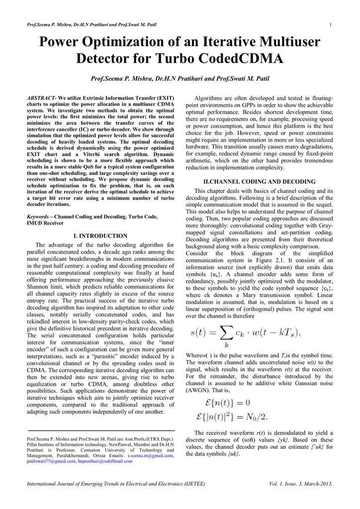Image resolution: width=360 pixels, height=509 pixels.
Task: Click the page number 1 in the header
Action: [x=330, y=25]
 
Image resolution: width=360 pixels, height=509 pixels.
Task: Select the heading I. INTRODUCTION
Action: [x=100, y=236]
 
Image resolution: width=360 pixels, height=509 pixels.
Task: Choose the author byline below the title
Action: [x=180, y=79]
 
